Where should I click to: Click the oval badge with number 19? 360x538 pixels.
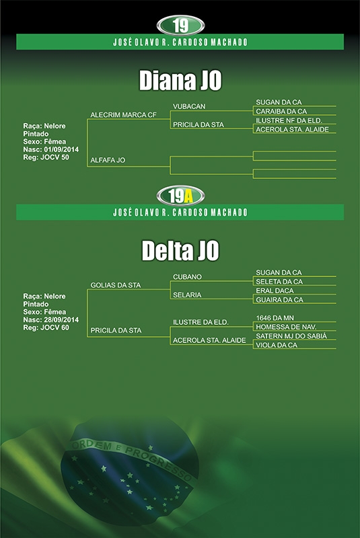(x=180, y=26)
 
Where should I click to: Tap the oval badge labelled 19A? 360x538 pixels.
(x=180, y=196)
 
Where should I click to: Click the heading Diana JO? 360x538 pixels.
(x=180, y=81)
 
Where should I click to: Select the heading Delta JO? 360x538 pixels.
(x=180, y=250)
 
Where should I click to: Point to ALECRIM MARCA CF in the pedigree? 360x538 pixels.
(x=124, y=115)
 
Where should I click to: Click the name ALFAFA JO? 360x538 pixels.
(x=108, y=160)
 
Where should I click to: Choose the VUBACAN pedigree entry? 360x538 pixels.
(x=189, y=106)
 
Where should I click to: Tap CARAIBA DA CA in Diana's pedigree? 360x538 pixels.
(x=281, y=111)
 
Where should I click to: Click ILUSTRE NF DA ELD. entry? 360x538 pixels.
(x=289, y=120)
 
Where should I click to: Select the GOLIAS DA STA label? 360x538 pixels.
(x=116, y=285)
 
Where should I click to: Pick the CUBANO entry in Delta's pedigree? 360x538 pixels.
(x=187, y=276)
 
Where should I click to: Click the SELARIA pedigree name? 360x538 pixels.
(x=187, y=295)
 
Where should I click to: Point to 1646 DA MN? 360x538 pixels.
(x=275, y=318)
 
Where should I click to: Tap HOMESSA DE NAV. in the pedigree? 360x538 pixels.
(x=286, y=327)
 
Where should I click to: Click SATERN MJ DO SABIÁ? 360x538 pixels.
(x=291, y=336)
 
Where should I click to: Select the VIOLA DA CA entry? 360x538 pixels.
(x=277, y=345)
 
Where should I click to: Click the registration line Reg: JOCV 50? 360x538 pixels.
(x=46, y=157)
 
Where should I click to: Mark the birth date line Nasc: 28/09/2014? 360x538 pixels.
(x=50, y=320)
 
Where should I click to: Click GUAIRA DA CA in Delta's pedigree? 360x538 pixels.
(x=279, y=300)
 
